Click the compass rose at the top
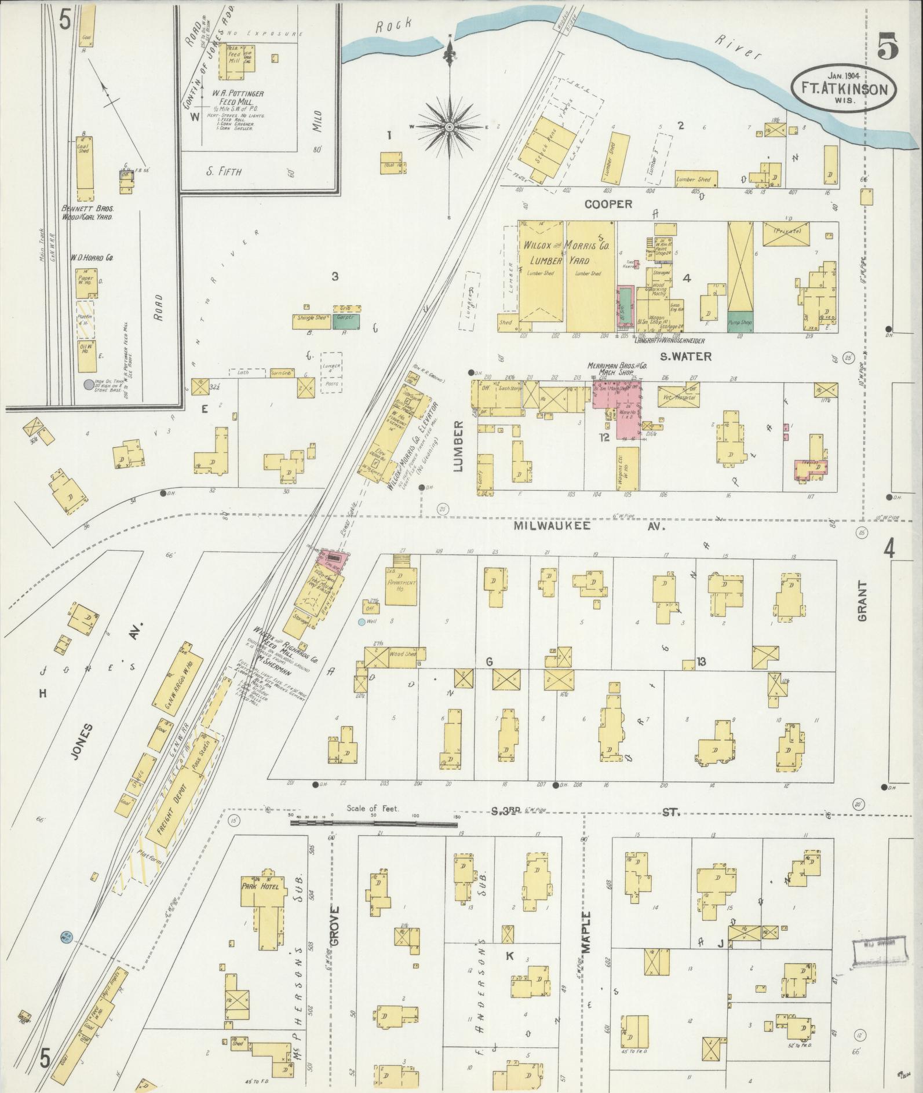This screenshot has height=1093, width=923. coord(450,126)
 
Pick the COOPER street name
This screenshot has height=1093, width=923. coord(608,204)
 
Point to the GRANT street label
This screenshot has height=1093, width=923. coord(862,601)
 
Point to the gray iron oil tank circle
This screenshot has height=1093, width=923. coord(87,383)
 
